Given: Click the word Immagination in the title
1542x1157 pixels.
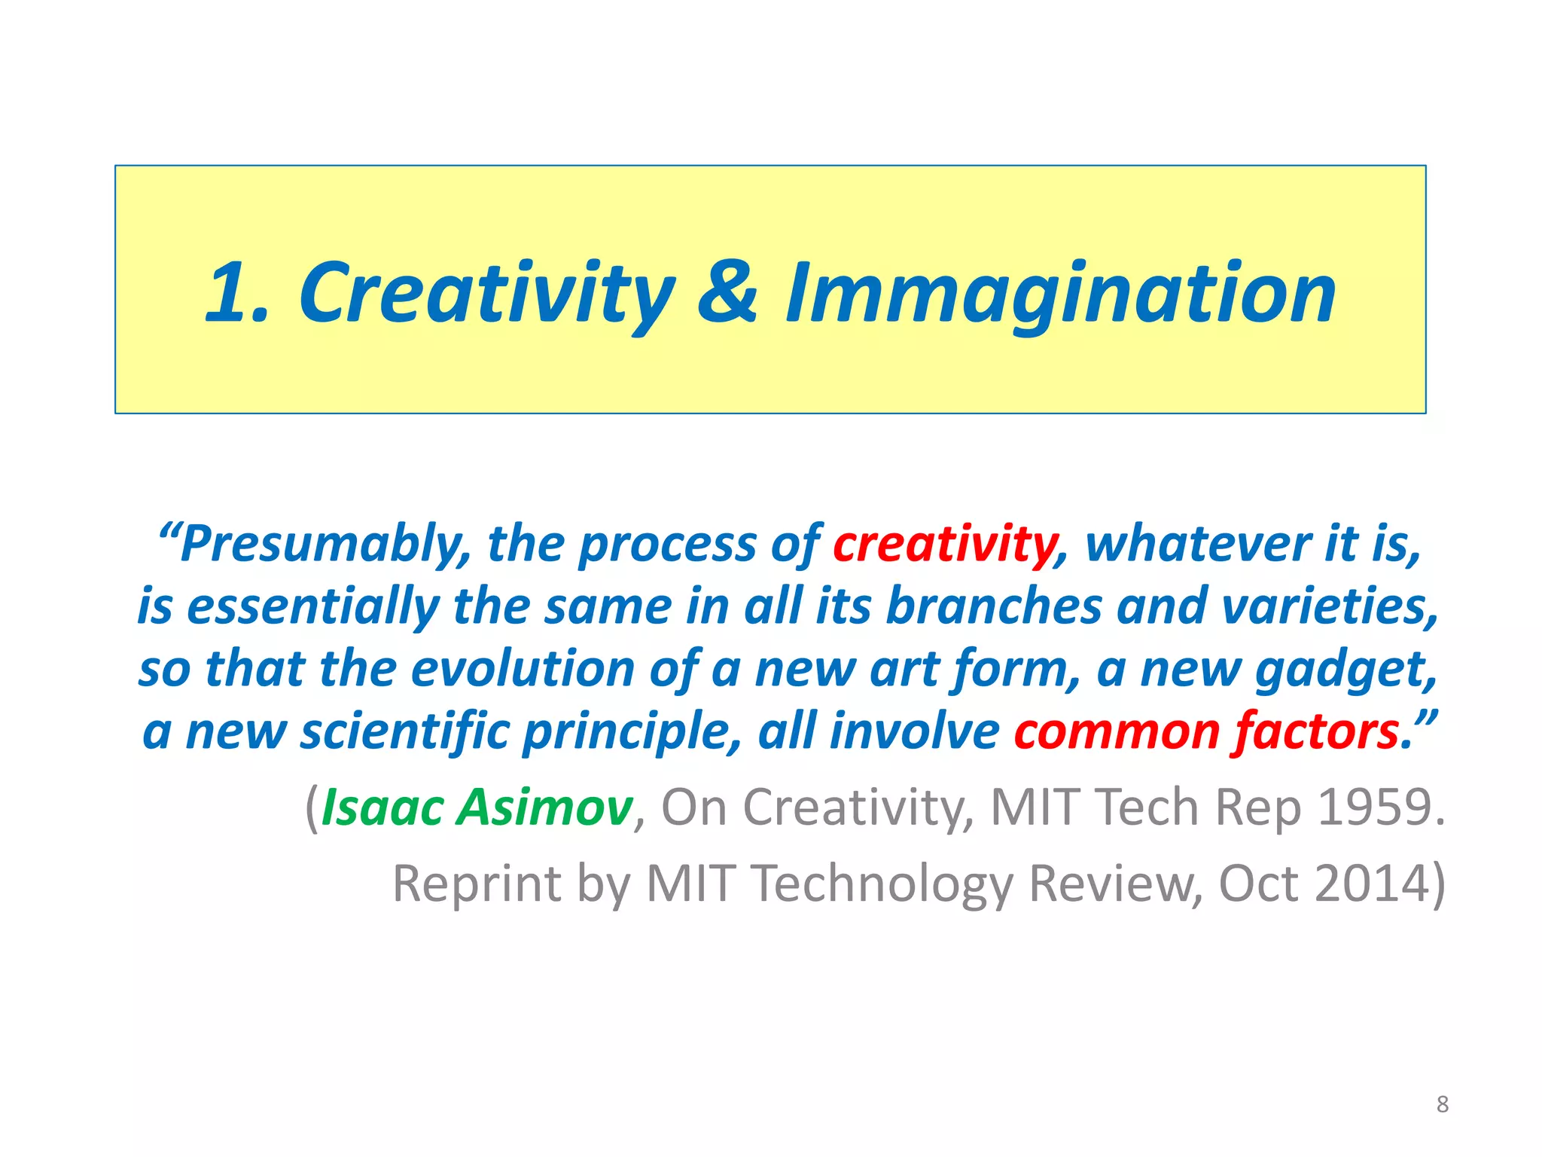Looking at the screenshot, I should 1060,294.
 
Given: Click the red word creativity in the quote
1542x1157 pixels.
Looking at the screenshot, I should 946,544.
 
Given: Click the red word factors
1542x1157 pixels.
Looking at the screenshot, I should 1316,732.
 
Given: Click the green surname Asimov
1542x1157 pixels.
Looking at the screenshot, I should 545,807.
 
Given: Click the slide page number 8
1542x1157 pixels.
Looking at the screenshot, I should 1442,1104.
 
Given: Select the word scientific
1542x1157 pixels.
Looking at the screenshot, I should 405,732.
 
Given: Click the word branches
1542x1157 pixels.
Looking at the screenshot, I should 995,606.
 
